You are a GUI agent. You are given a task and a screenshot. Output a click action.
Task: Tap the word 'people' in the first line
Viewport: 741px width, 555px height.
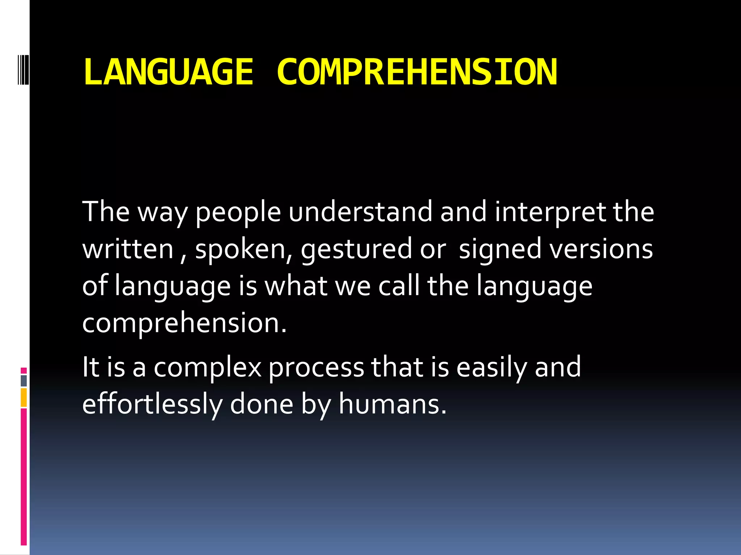tap(238, 212)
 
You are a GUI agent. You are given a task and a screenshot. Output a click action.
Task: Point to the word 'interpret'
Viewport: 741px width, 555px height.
tap(550, 212)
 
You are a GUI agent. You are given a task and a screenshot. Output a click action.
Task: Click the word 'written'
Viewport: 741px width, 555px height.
tap(128, 249)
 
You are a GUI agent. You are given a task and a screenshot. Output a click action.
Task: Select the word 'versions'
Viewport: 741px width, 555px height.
tap(601, 249)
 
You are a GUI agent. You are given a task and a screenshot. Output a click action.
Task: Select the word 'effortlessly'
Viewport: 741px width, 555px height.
tap(152, 405)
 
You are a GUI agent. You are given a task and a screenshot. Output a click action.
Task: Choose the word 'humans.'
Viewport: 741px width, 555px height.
tap(393, 405)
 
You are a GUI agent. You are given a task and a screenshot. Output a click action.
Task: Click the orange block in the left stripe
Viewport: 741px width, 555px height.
tap(24, 397)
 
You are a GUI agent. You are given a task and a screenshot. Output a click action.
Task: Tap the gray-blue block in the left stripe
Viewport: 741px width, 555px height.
tap(24, 380)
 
